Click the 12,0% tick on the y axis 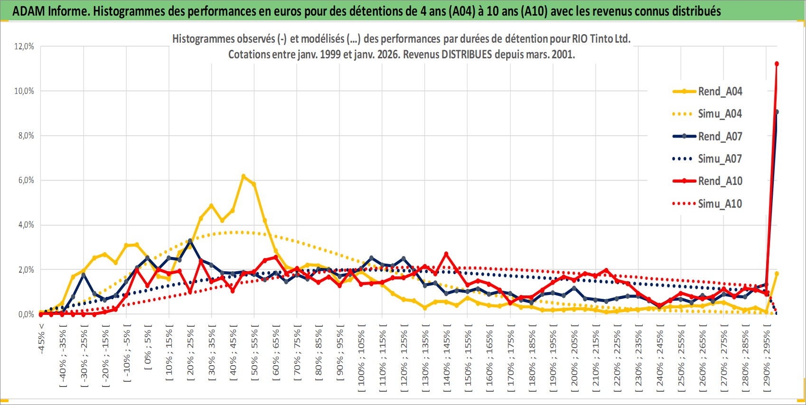tap(24, 46)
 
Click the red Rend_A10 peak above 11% tap(777, 64)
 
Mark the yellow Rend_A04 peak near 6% tap(244, 176)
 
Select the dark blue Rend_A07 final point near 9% tap(777, 112)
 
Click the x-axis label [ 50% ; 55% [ tap(255, 352)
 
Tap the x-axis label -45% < tap(42, 339)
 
